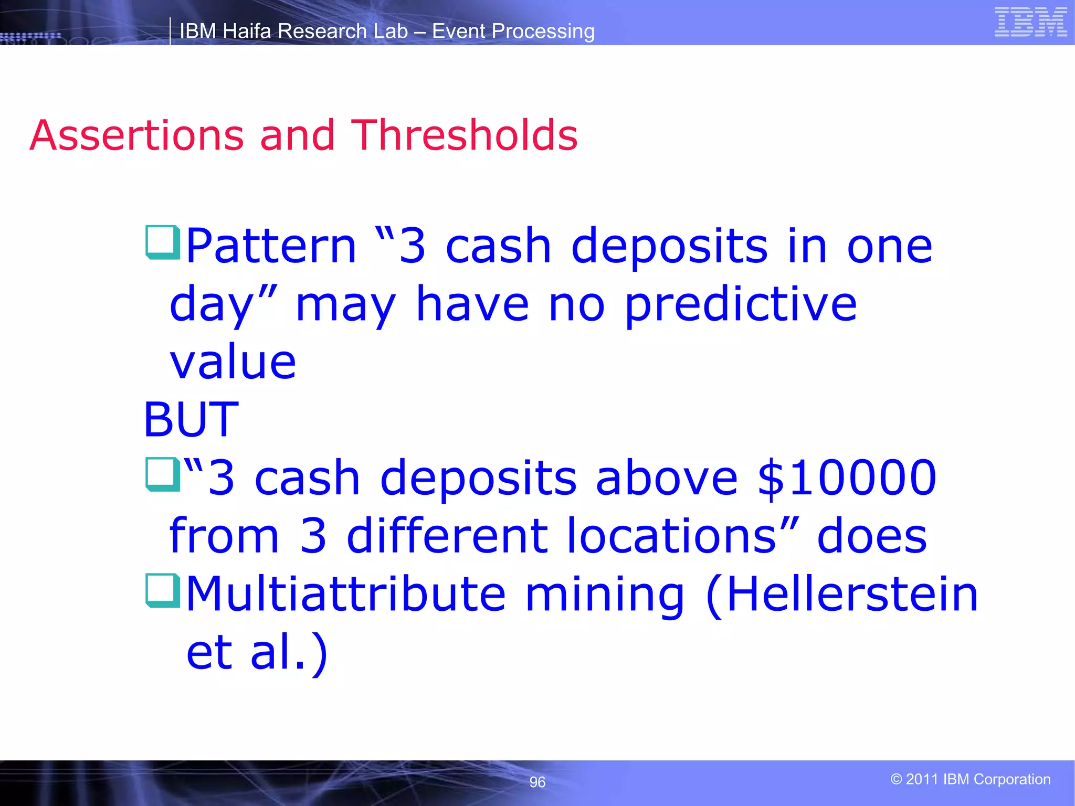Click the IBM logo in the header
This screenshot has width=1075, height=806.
point(1030,23)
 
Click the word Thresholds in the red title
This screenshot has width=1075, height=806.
point(464,135)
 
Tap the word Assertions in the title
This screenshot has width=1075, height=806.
point(136,135)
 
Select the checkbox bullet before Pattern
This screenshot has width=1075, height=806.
point(163,242)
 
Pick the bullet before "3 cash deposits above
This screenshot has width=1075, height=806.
point(163,474)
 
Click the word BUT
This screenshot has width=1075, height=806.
point(191,419)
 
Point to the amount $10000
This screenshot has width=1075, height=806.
point(847,478)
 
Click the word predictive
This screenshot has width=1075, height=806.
point(741,305)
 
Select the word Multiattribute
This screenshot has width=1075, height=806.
point(346,594)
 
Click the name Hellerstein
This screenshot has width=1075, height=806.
point(851,594)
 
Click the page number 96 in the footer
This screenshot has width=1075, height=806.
point(537,782)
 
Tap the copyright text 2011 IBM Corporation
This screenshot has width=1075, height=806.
point(971,779)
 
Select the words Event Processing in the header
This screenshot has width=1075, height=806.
point(513,31)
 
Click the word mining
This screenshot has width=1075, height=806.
point(605,594)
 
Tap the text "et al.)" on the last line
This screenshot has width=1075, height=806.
point(257,652)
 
